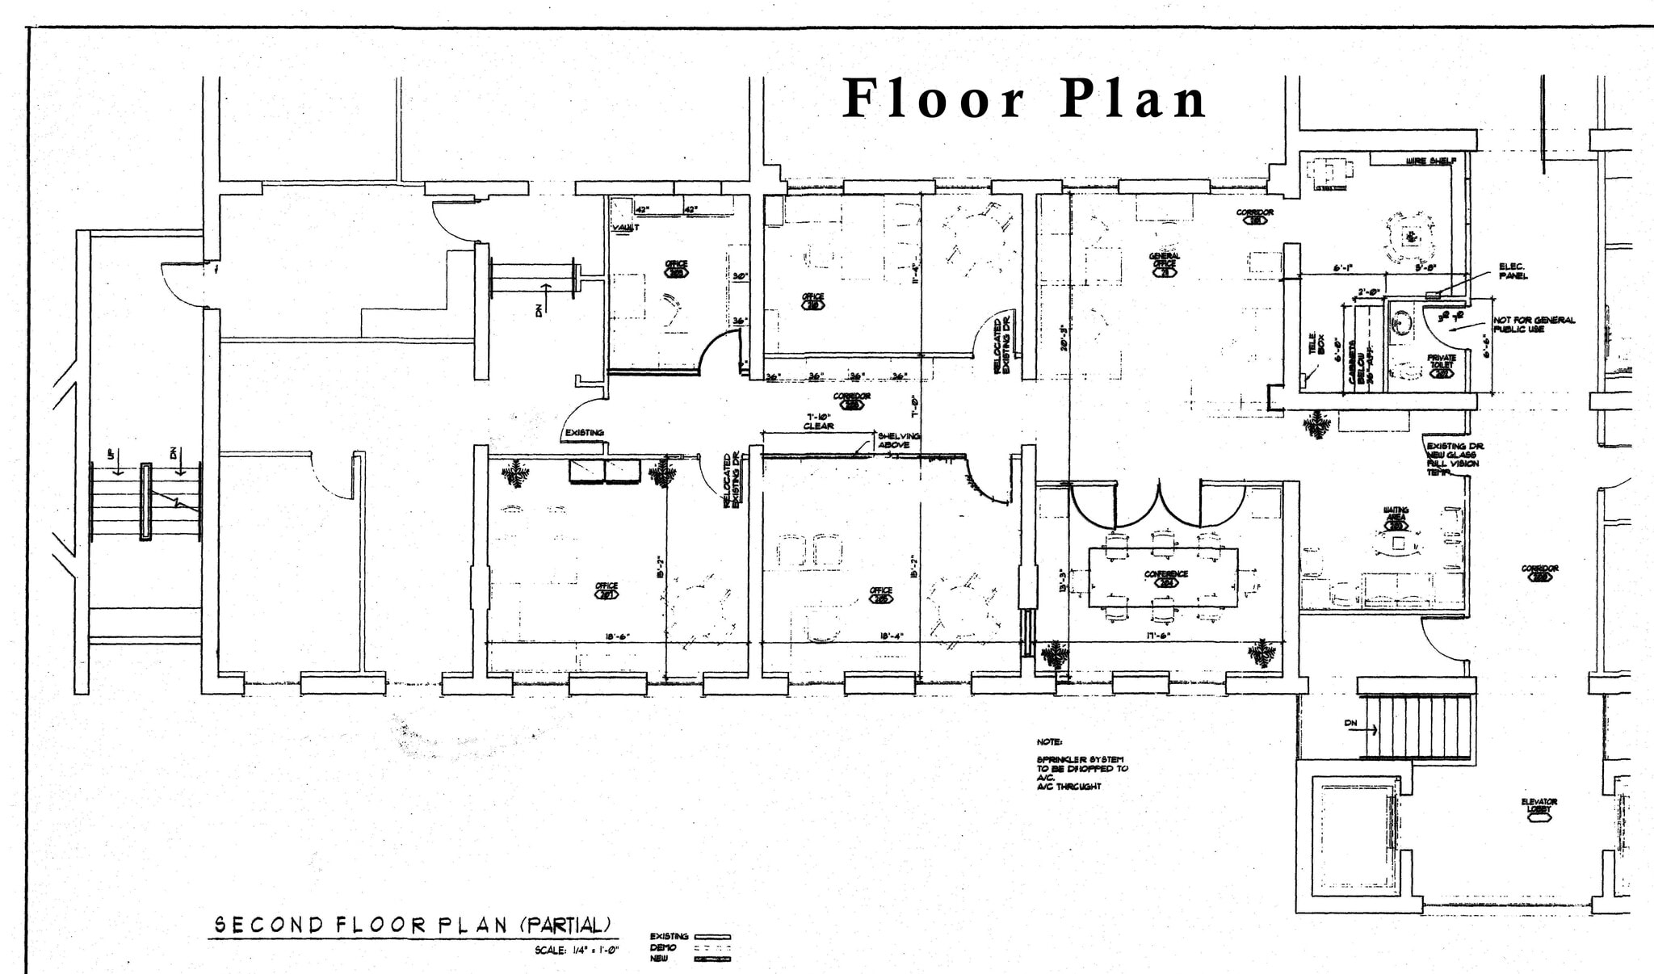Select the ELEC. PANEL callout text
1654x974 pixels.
point(1512,271)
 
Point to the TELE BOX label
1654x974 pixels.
point(1316,343)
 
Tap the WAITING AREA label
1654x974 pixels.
point(1396,514)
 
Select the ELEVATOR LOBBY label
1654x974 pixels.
point(1539,805)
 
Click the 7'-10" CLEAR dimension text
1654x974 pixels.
point(818,422)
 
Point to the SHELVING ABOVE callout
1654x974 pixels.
point(898,440)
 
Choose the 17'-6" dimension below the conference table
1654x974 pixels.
point(1158,636)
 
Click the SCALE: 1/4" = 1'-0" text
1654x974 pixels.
point(577,951)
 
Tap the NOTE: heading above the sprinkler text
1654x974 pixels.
point(1050,741)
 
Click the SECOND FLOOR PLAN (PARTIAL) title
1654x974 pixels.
point(412,925)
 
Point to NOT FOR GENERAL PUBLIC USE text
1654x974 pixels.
point(1533,325)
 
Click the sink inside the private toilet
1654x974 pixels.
point(1402,323)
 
